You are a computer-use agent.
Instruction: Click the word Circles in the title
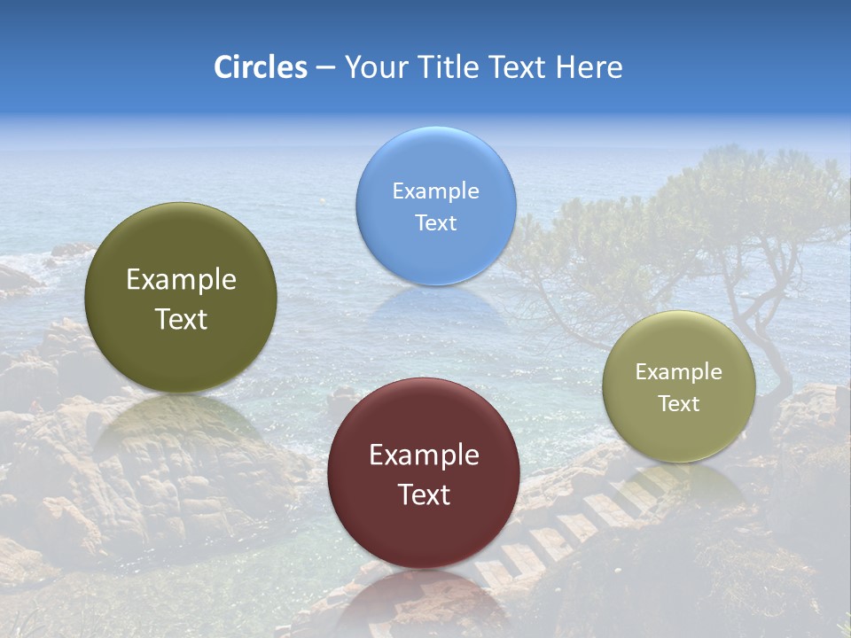click(x=260, y=67)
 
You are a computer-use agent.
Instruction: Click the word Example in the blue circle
click(x=435, y=191)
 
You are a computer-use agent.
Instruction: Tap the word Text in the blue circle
click(x=435, y=223)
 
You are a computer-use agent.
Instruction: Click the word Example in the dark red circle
click(x=424, y=455)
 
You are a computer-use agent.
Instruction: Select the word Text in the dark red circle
click(x=424, y=494)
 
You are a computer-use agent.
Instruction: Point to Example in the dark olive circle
click(x=181, y=280)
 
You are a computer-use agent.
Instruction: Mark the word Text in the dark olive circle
click(x=181, y=319)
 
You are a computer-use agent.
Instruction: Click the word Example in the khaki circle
click(x=679, y=372)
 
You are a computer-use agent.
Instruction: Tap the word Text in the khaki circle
click(x=679, y=404)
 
